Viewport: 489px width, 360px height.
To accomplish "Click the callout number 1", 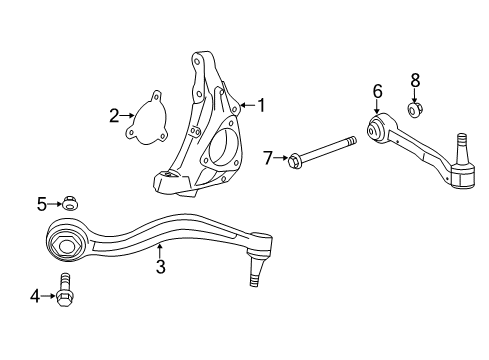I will [x=262, y=104].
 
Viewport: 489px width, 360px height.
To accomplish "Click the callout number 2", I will [x=114, y=115].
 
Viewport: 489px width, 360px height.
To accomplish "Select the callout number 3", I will [x=160, y=267].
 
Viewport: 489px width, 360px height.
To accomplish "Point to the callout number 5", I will [x=42, y=204].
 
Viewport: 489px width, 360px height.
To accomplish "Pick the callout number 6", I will [x=377, y=92].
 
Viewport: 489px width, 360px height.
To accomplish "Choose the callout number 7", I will [x=267, y=157].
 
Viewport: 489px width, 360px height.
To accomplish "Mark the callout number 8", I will [x=415, y=79].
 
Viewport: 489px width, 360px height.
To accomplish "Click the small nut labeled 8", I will [x=415, y=108].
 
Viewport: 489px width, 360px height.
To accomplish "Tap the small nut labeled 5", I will [x=68, y=204].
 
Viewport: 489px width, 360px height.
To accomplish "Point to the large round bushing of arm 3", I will [x=70, y=243].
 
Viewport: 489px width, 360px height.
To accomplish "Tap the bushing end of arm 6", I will [x=378, y=129].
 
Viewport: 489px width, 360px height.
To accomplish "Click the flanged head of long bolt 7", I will [x=295, y=157].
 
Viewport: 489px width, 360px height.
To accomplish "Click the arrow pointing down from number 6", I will [x=377, y=109].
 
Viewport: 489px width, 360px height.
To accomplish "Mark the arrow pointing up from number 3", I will [x=160, y=252].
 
